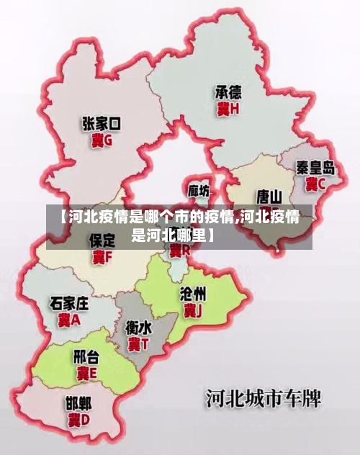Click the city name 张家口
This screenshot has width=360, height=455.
click(x=102, y=125)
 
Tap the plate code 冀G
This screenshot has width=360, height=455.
click(x=102, y=141)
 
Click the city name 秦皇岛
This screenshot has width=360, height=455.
click(x=315, y=168)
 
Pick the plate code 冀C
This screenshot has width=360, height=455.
click(x=315, y=184)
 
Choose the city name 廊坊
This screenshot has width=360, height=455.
click(x=199, y=191)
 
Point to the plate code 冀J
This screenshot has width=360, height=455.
click(x=192, y=311)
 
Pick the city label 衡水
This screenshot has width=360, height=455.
click(x=138, y=328)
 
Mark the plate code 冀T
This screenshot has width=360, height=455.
click(x=138, y=344)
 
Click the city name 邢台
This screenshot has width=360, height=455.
click(x=86, y=357)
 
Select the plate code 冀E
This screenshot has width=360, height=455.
click(x=86, y=374)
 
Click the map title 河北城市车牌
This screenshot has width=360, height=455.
click(x=264, y=397)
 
